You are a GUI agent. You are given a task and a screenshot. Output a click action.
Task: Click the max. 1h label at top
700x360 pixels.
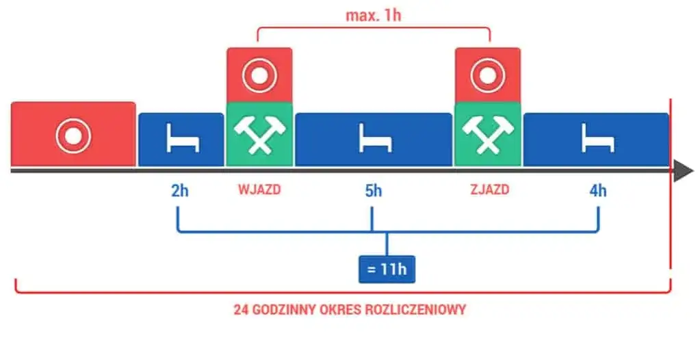(x=373, y=14)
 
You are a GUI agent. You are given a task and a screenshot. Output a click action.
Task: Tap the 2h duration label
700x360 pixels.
(x=180, y=190)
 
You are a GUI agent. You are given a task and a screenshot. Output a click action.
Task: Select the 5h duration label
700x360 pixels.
(x=373, y=190)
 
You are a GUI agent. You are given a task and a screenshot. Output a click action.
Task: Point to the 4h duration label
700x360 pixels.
(x=597, y=190)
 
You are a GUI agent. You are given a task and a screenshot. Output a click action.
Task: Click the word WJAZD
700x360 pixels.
(x=259, y=190)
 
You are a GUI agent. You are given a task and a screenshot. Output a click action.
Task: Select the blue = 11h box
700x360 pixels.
(x=387, y=269)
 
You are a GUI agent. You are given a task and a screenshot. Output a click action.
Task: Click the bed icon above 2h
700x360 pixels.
(x=181, y=140)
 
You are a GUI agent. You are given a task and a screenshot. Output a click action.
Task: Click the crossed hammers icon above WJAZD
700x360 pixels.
(x=259, y=134)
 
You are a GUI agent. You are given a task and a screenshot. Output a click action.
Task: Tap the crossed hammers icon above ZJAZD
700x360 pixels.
(x=487, y=134)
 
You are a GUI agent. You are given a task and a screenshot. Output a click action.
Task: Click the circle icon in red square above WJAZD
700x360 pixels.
(x=259, y=75)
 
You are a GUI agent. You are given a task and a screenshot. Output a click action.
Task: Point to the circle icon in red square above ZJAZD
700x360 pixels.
(x=487, y=75)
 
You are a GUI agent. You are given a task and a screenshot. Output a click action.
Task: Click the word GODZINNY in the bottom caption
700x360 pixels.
(x=286, y=309)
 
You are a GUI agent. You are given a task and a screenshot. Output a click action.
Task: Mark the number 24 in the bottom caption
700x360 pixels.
(x=241, y=309)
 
